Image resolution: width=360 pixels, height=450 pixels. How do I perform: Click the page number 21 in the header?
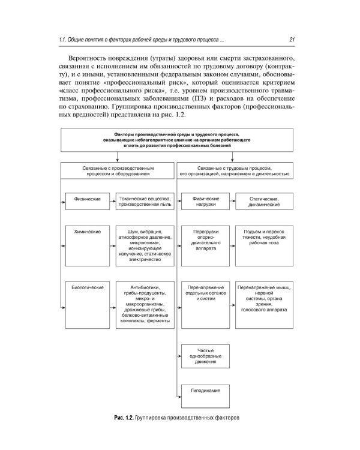[290, 40]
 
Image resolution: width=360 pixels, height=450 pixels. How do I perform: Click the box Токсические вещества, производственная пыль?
[145, 201]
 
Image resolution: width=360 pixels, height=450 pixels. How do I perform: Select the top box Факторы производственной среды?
[176, 139]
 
